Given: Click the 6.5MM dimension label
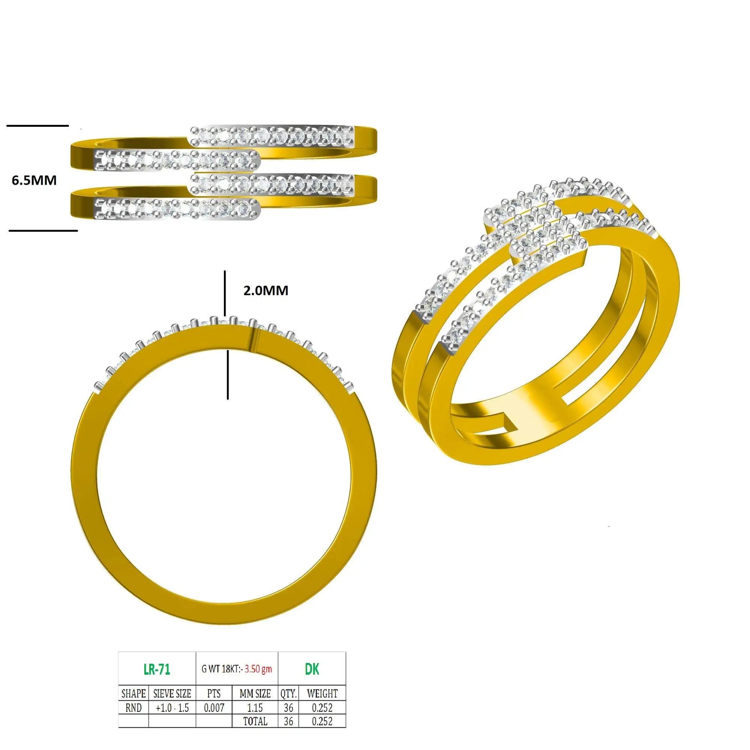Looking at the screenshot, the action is [x=34, y=180].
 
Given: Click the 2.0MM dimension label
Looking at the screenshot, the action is [x=266, y=290].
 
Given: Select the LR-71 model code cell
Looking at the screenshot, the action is [x=157, y=669].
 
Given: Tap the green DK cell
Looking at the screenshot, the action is [x=312, y=669].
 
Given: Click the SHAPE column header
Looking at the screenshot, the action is [x=133, y=693].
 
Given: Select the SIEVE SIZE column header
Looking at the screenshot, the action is [x=172, y=693].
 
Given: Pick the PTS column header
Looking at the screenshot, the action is [x=214, y=693].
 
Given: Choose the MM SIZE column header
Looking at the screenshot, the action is [x=255, y=693].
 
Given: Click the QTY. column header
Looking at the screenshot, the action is [x=288, y=693].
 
